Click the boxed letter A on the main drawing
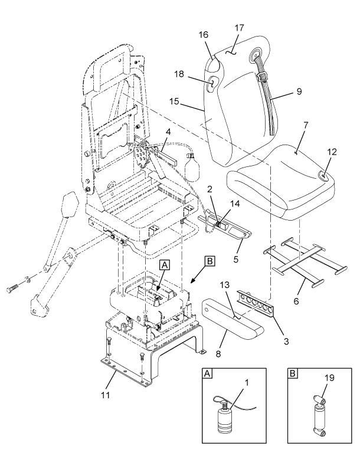(165, 266)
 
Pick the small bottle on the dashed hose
(191, 167)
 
